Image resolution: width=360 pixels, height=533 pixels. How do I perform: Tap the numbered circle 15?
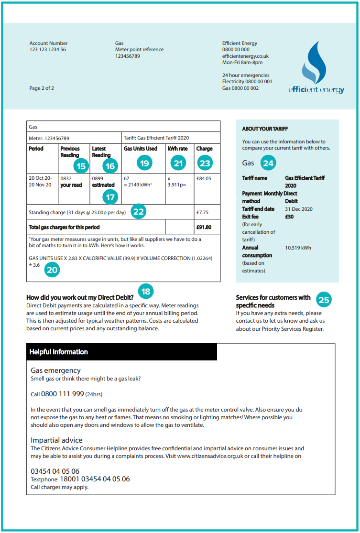82,165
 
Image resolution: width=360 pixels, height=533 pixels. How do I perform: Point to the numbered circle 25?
324,300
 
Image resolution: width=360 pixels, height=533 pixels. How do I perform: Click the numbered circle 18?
146,291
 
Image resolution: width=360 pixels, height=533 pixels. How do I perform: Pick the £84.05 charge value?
204,178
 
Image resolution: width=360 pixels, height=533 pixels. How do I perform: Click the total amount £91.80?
204,227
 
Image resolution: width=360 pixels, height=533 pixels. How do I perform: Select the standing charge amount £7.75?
202,212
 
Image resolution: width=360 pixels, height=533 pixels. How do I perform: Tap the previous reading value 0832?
66,178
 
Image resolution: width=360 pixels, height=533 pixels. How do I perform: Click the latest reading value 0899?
98,178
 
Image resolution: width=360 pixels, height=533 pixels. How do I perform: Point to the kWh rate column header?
177,149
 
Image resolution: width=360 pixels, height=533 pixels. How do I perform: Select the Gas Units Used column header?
141,149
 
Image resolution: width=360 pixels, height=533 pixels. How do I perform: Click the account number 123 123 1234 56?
48,50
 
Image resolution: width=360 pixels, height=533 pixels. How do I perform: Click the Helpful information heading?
59,352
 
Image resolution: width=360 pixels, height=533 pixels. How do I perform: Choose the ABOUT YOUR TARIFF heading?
265,129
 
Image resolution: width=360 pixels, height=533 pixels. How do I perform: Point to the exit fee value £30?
289,217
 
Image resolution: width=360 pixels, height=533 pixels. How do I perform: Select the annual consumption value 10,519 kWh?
298,248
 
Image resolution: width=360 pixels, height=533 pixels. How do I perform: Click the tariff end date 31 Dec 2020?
299,209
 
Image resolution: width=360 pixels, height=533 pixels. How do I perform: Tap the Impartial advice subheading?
56,440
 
